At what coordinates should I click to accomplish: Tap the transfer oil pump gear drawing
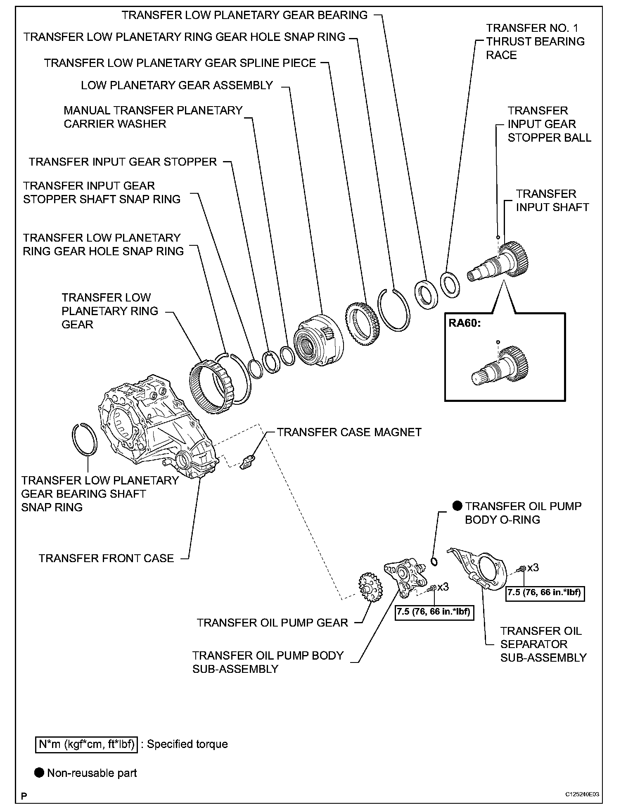pyautogui.click(x=370, y=587)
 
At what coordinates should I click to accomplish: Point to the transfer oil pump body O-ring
pyautogui.click(x=434, y=561)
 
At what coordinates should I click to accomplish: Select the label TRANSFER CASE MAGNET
pyautogui.click(x=349, y=432)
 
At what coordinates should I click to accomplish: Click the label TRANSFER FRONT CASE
pyautogui.click(x=106, y=558)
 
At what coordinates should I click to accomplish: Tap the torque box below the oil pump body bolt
pyautogui.click(x=434, y=612)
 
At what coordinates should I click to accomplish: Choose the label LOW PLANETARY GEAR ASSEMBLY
pyautogui.click(x=177, y=85)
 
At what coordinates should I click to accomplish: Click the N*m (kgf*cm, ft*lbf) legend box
pyautogui.click(x=86, y=744)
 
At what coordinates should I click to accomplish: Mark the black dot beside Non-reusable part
pyautogui.click(x=39, y=773)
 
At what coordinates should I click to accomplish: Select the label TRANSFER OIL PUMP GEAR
pyautogui.click(x=272, y=622)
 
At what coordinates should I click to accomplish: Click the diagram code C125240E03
pyautogui.click(x=582, y=794)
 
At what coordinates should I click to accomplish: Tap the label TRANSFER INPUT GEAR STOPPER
pyautogui.click(x=123, y=161)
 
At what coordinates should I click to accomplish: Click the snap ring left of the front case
pyautogui.click(x=85, y=440)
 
